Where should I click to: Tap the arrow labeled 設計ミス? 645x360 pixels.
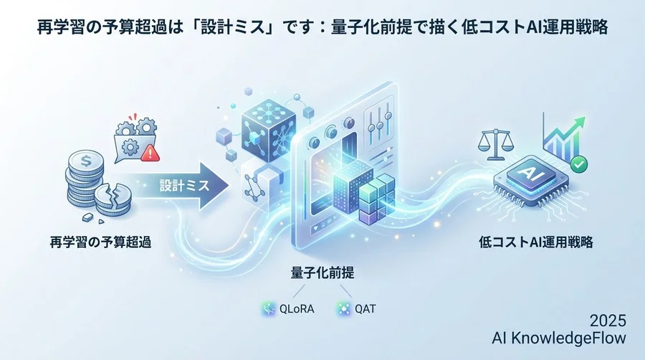[188, 185]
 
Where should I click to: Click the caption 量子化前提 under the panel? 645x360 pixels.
[322, 273]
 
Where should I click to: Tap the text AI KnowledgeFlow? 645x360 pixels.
[559, 337]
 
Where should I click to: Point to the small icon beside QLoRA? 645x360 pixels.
[269, 309]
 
